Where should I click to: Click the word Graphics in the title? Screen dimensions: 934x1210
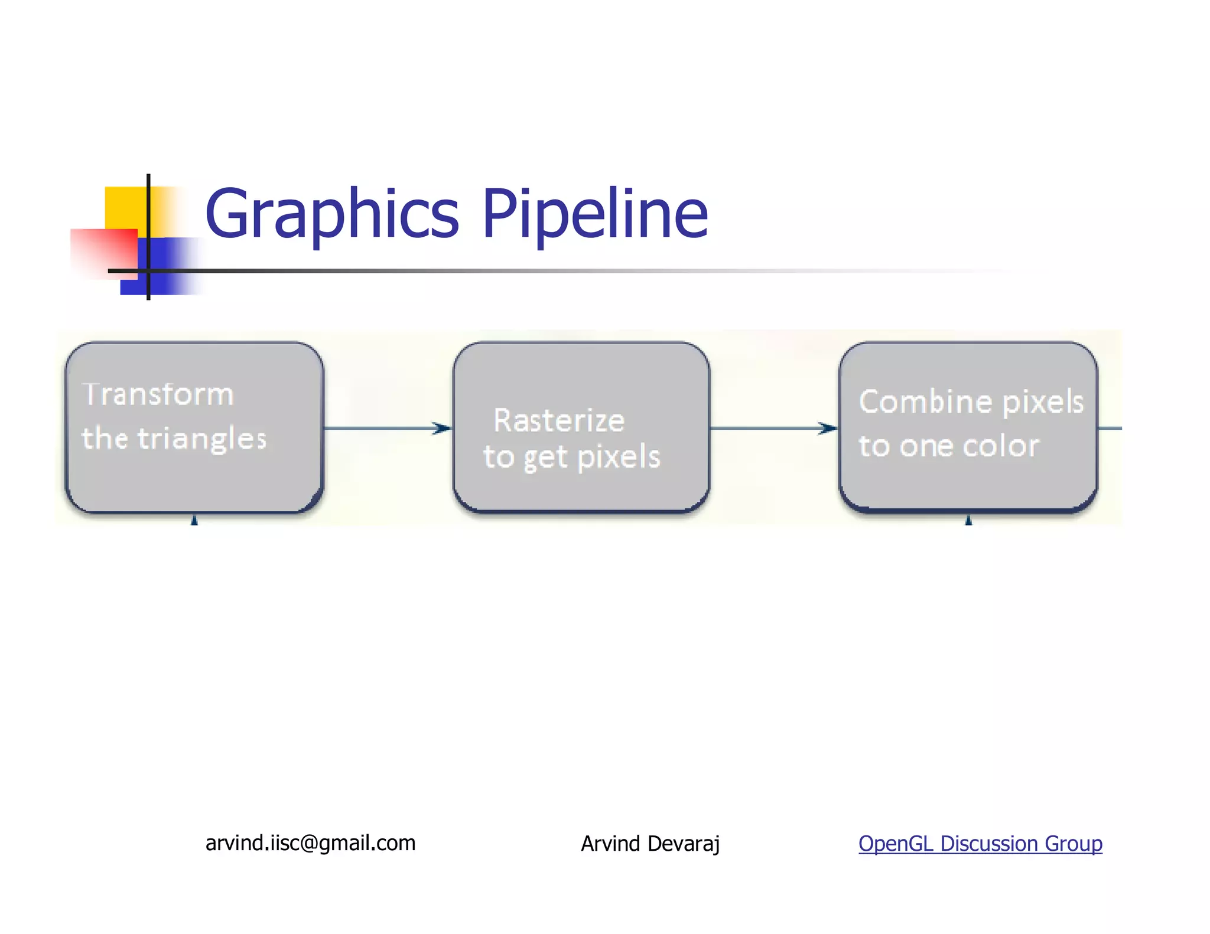click(x=331, y=214)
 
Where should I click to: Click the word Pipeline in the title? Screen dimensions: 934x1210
click(x=595, y=214)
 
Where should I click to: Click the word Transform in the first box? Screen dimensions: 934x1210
click(x=158, y=394)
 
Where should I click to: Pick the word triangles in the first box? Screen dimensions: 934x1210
click(x=202, y=439)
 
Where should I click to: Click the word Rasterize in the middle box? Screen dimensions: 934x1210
click(x=559, y=421)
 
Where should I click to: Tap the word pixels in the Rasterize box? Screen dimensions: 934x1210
click(x=618, y=458)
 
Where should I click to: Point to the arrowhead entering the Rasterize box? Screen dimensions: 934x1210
click(x=442, y=428)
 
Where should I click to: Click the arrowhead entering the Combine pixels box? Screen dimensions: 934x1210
click(x=828, y=428)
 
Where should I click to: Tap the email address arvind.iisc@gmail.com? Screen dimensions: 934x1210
click(x=310, y=843)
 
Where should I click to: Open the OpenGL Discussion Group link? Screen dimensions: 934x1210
click(x=980, y=844)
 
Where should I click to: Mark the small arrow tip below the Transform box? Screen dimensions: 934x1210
click(x=194, y=520)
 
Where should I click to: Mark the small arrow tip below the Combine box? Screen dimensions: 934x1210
click(x=968, y=520)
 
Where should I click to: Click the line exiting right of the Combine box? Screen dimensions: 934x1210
click(x=1110, y=428)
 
